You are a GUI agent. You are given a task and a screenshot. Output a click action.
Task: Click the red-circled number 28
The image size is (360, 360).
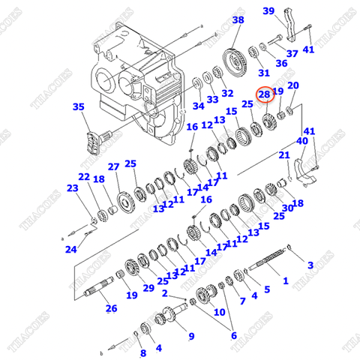264,94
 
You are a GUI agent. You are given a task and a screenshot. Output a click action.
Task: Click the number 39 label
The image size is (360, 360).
269,10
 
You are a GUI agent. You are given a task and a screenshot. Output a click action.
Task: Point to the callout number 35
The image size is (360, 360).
79,108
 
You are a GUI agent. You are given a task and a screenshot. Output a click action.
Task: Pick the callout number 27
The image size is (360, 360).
113,166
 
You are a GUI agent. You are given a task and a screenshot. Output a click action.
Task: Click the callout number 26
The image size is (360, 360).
111,307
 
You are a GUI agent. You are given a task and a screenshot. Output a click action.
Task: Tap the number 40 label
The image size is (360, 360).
302,140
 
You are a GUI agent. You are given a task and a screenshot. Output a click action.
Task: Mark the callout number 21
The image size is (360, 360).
284,155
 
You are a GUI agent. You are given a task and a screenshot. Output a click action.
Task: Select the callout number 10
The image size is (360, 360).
219,311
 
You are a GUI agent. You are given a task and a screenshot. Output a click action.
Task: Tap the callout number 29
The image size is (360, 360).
148,288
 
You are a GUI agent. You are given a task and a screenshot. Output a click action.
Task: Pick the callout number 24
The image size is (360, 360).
70,249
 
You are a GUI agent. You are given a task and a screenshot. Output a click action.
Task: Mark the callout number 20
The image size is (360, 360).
293,85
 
